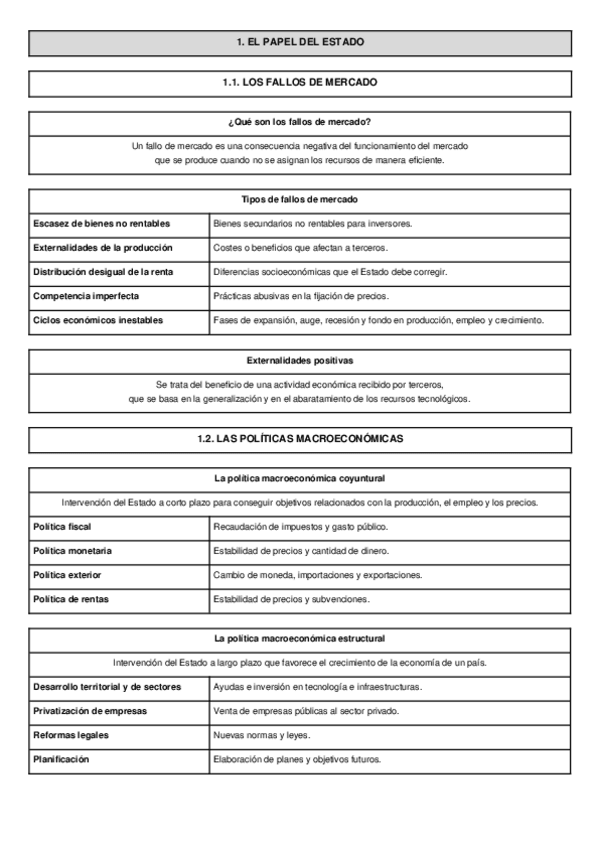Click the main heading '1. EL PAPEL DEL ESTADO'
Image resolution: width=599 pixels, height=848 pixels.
tap(300, 42)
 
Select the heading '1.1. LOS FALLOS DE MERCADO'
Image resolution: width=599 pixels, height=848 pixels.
tap(300, 83)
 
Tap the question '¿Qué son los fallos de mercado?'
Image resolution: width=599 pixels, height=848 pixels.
tap(300, 123)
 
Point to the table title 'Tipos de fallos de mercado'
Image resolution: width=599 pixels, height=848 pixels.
tap(300, 200)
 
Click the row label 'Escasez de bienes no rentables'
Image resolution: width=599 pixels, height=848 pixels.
tap(101, 223)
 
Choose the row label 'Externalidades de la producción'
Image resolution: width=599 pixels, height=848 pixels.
tap(103, 247)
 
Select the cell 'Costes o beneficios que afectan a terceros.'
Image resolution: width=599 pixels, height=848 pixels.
tap(300, 247)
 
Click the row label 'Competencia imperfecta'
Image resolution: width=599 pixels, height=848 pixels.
tap(86, 297)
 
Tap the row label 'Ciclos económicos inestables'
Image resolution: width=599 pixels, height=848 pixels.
tap(98, 321)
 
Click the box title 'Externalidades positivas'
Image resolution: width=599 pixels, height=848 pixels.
tap(300, 360)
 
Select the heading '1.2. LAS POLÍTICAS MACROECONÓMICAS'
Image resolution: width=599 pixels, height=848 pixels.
tap(300, 438)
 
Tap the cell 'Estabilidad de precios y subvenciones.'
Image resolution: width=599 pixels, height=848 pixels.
tap(291, 599)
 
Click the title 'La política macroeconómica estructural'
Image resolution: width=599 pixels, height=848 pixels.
tap(300, 638)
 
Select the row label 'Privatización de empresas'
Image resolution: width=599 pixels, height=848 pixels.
tap(90, 711)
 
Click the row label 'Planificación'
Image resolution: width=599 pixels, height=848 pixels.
tap(61, 759)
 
